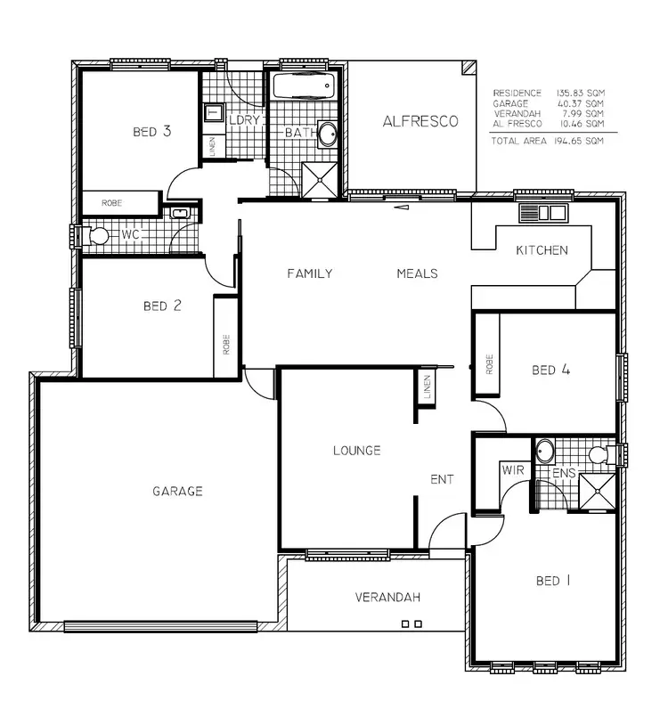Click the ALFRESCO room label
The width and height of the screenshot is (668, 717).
[x=420, y=121]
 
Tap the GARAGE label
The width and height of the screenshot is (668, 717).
[x=176, y=491]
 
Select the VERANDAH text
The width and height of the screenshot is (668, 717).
[x=387, y=597]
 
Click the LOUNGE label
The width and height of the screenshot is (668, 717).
[x=356, y=451]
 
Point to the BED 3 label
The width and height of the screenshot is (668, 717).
[x=151, y=132]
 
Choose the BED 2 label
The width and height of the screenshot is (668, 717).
[x=162, y=306]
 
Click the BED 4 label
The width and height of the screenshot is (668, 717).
[x=550, y=370]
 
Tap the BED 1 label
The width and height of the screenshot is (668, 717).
[x=554, y=581]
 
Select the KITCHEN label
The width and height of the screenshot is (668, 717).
[x=542, y=250]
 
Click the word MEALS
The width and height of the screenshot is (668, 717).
[x=417, y=273]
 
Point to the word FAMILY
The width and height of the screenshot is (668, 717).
[x=309, y=273]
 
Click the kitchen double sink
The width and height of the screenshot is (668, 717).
[x=543, y=213]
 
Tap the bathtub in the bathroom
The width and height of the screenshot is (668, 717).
[x=302, y=90]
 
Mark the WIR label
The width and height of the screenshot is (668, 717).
[x=512, y=468]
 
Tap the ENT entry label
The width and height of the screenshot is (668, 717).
[x=442, y=479]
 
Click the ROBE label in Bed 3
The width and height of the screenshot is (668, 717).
[x=111, y=203]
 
